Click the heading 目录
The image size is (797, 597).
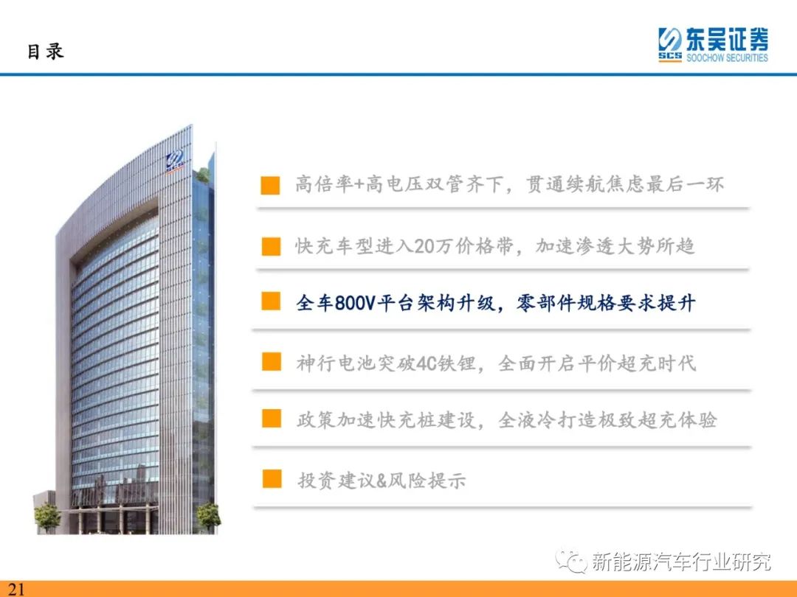pyautogui.click(x=45, y=52)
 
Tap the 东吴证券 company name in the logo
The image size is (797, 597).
pyautogui.click(x=727, y=39)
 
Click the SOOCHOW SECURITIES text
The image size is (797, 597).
pyautogui.click(x=727, y=57)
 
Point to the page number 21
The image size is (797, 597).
pyautogui.click(x=15, y=588)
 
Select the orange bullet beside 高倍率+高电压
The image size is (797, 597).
pyautogui.click(x=270, y=185)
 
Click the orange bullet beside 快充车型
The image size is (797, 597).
pyautogui.click(x=271, y=246)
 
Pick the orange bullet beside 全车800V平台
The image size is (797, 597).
pyautogui.click(x=271, y=301)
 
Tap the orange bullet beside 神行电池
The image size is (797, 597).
pyautogui.click(x=272, y=362)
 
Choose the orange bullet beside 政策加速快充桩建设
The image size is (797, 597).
pyautogui.click(x=272, y=419)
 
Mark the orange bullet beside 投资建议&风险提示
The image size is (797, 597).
pyautogui.click(x=272, y=479)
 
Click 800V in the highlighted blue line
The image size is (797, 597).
pyautogui.click(x=355, y=303)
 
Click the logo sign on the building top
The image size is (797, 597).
pyautogui.click(x=174, y=162)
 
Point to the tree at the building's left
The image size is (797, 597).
pyautogui.click(x=47, y=517)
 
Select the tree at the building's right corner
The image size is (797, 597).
pyautogui.click(x=208, y=517)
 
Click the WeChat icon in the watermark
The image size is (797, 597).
pyautogui.click(x=571, y=561)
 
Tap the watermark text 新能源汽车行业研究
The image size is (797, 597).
pyautogui.click(x=681, y=562)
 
